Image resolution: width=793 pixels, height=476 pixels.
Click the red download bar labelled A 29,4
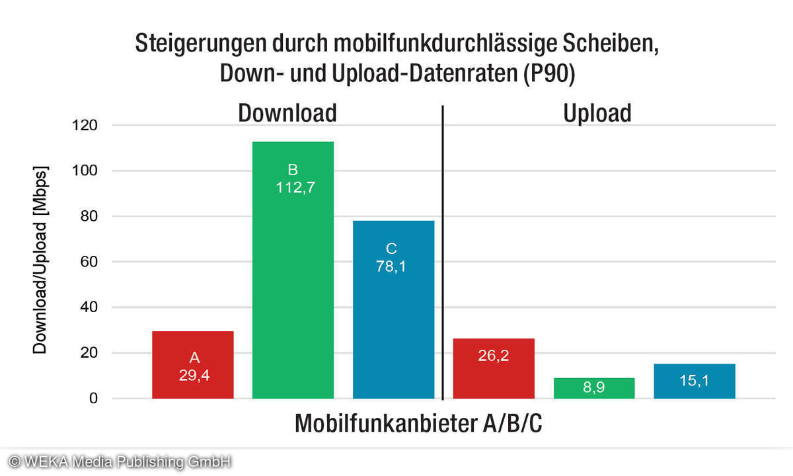coord(192,365)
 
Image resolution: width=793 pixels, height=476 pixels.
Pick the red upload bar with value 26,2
coord(493,368)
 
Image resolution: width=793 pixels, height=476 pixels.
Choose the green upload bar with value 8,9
coord(593,388)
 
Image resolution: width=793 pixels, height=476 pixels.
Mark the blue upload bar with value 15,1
coord(694,381)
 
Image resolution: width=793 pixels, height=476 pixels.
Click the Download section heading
coord(287,113)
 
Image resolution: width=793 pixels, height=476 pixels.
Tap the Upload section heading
coord(597,113)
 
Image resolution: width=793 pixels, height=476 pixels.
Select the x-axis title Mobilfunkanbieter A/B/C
coord(418,424)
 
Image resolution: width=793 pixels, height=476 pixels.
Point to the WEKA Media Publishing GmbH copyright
coord(119,461)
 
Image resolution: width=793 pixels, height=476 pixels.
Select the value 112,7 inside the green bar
coord(293,187)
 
